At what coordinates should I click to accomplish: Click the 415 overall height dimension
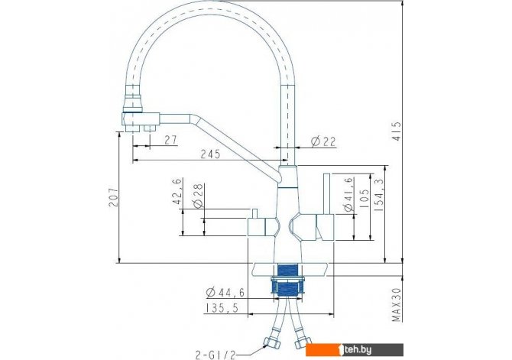[397, 131]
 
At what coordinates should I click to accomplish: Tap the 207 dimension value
[114, 197]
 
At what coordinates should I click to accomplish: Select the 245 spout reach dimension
[210, 154]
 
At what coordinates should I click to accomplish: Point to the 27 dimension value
[170, 140]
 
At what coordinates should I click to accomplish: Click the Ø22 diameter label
[323, 141]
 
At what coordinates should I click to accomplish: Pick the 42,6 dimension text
[177, 191]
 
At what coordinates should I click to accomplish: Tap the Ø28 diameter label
[198, 196]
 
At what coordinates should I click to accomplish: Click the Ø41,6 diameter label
[348, 194]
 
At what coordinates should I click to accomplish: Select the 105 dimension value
[364, 199]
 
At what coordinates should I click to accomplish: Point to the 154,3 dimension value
[379, 195]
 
